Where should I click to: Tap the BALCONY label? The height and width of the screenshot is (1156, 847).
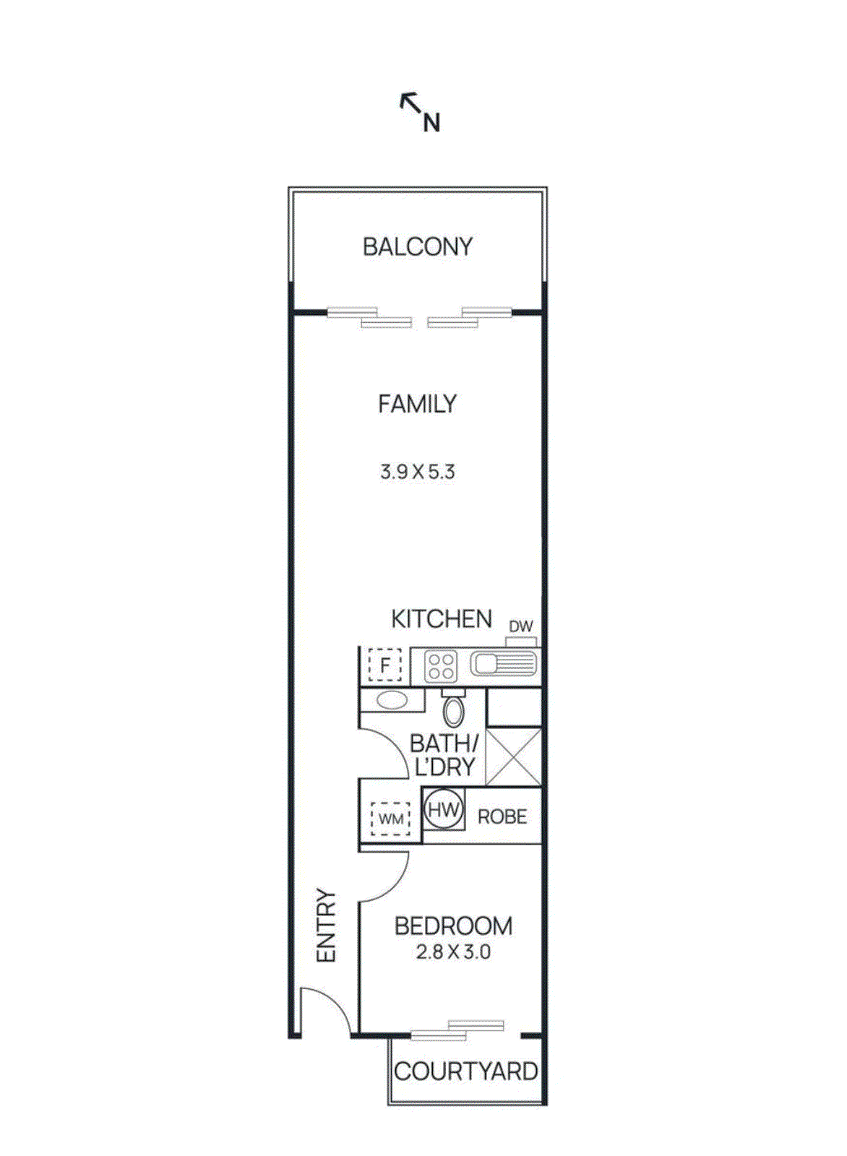(417, 247)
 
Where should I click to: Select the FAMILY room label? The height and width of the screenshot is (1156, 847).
(417, 403)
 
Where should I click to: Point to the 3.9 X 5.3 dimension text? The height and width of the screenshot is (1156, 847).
(417, 473)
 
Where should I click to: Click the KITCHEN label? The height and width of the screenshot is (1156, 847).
(441, 619)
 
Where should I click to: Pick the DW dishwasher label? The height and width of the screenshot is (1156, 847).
(520, 626)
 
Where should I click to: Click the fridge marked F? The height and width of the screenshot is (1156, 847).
(384, 665)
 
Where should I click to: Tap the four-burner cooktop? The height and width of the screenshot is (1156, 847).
(440, 666)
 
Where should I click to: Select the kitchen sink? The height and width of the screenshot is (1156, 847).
(503, 663)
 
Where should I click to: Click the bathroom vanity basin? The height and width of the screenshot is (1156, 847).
(392, 699)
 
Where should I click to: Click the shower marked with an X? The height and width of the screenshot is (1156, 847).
(513, 756)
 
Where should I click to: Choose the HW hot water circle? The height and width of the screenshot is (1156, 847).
(443, 810)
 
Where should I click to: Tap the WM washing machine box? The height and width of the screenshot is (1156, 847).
(391, 819)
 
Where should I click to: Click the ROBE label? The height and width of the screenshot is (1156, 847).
(502, 817)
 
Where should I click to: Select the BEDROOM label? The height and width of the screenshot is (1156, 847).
(453, 926)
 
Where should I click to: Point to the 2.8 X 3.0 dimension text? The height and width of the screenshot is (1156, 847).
(453, 952)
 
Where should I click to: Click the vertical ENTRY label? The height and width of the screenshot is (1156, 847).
(327, 926)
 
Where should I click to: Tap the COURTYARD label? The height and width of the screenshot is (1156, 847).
(466, 1071)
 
